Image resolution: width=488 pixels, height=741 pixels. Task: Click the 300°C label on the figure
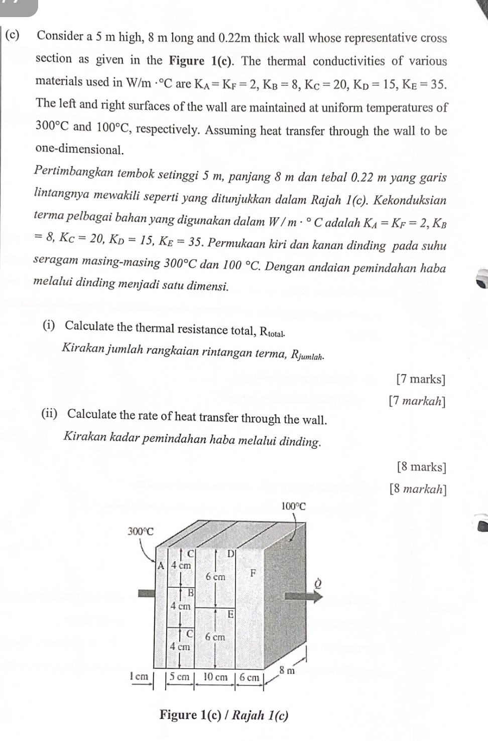pyautogui.click(x=141, y=531)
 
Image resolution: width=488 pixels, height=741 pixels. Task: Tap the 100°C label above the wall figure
pyautogui.click(x=293, y=506)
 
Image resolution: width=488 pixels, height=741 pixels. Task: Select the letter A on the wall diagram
pyautogui.click(x=161, y=565)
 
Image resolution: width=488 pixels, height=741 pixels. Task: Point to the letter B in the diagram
pyautogui.click(x=190, y=593)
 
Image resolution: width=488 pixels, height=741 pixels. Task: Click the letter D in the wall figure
pyautogui.click(x=230, y=554)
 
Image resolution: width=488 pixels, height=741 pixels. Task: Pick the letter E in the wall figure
pyautogui.click(x=230, y=614)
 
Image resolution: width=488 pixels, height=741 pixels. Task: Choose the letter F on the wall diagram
pyautogui.click(x=253, y=573)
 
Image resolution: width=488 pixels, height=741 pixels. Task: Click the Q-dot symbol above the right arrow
pyautogui.click(x=317, y=583)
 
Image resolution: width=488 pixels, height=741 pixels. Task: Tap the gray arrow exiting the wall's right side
pyautogui.click(x=304, y=596)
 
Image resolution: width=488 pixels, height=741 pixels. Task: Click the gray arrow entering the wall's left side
pyautogui.click(x=147, y=593)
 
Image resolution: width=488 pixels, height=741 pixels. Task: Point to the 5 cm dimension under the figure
pyautogui.click(x=179, y=677)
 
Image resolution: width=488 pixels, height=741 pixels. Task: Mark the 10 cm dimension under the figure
pyautogui.click(x=215, y=677)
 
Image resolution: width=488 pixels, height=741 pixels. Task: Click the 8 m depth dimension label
pyautogui.click(x=287, y=670)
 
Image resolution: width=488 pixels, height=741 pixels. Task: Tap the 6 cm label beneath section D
pyautogui.click(x=215, y=577)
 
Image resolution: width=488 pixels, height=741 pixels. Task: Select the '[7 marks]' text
pyautogui.click(x=421, y=379)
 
